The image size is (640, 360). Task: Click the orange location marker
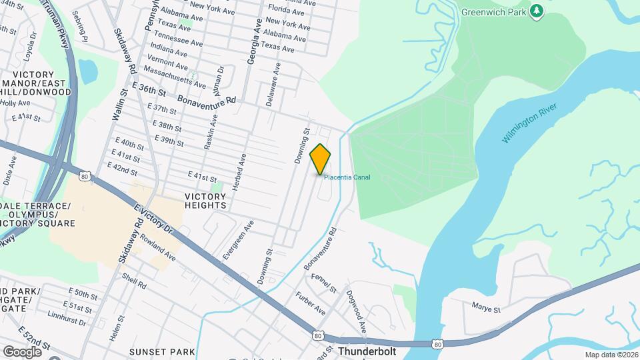321,159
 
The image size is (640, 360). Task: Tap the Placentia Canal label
347,177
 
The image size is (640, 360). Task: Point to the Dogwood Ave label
358,311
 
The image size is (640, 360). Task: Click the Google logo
22,351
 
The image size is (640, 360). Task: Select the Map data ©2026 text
611,355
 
